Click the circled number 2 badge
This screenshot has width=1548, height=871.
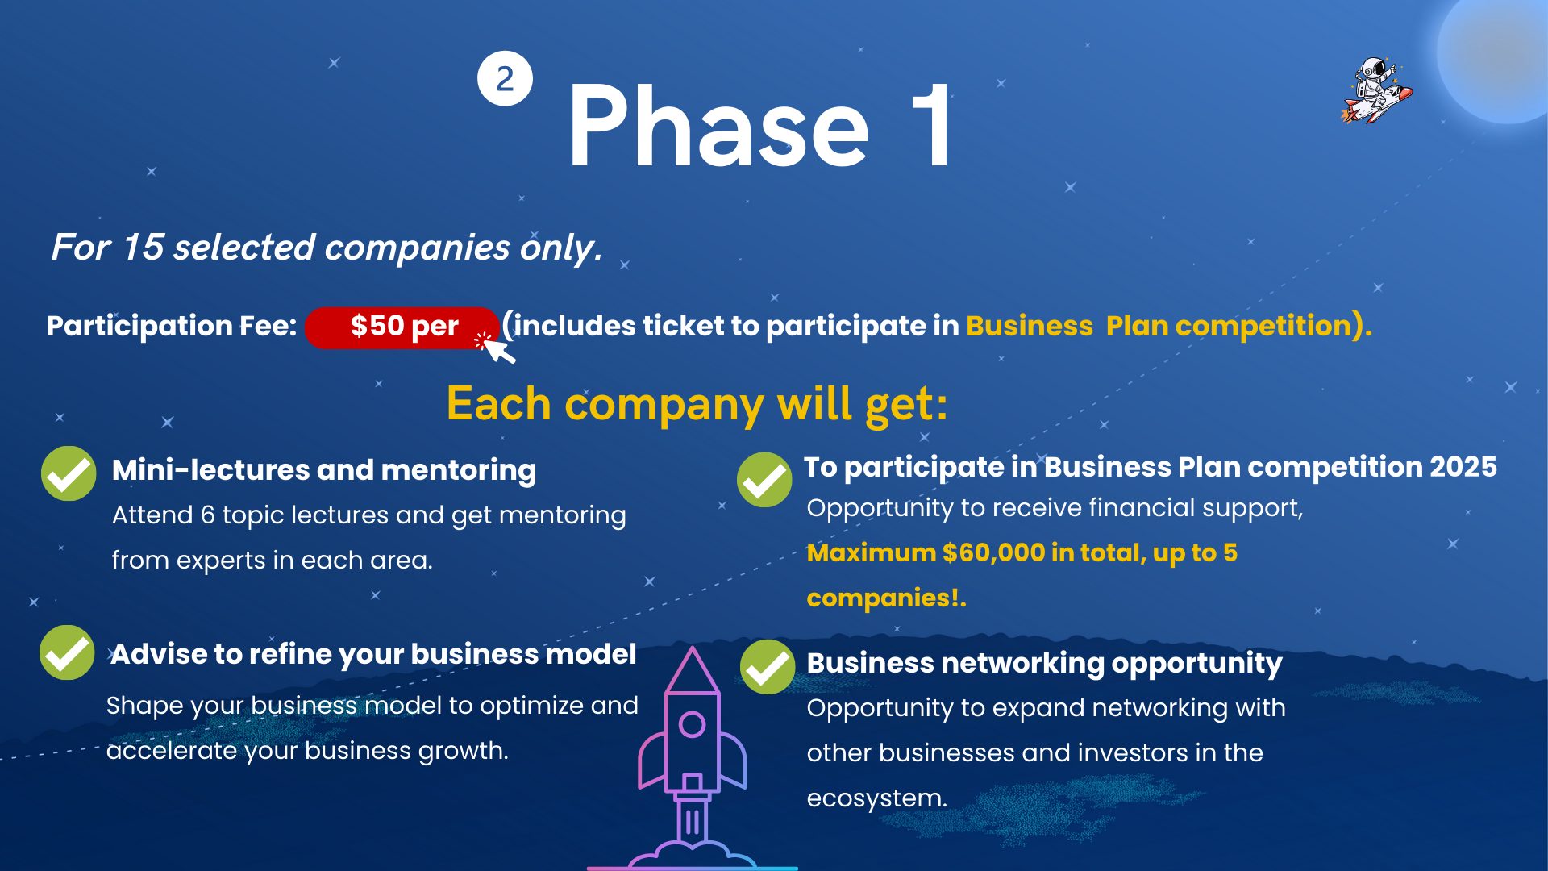tap(505, 78)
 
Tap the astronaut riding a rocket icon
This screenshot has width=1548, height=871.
tap(1377, 90)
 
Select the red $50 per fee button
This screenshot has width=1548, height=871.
tap(402, 327)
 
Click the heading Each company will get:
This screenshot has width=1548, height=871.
tap(697, 403)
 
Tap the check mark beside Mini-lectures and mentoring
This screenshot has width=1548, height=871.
tap(69, 473)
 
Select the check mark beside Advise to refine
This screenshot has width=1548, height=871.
tap(67, 652)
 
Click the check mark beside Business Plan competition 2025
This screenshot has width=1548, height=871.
tap(764, 480)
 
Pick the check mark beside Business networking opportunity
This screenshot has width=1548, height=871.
tap(768, 667)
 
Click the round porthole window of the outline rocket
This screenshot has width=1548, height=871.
tap(692, 724)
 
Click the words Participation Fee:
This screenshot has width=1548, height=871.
tap(172, 326)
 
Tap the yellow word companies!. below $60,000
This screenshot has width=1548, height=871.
tap(886, 598)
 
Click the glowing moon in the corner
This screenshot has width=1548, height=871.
tap(1500, 56)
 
